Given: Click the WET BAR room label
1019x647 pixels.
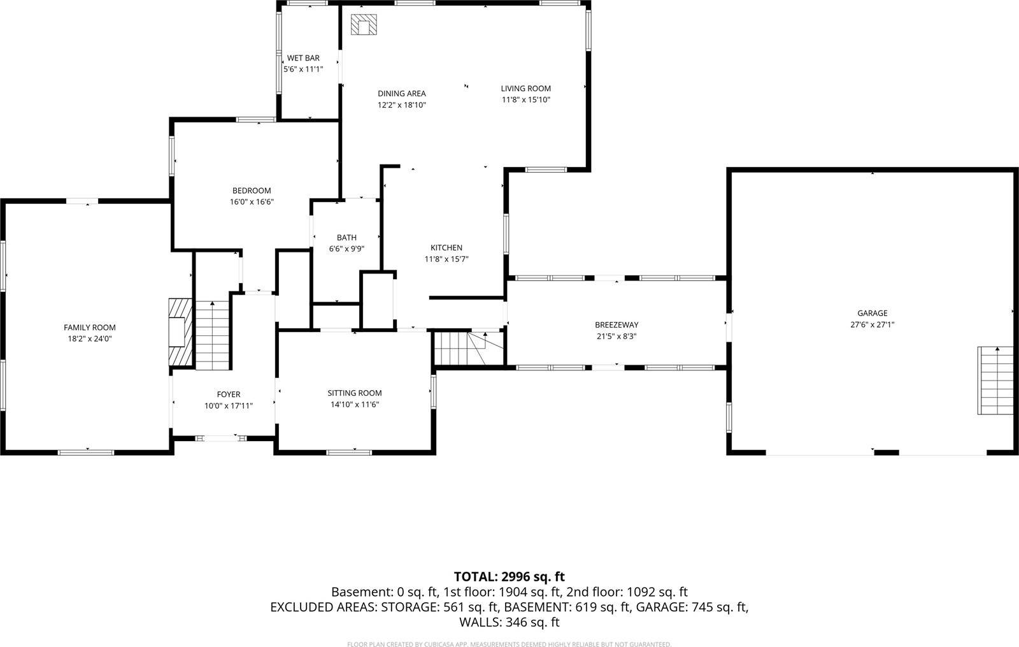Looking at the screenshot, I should (303, 58).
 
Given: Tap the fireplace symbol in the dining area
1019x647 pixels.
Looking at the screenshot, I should (364, 25).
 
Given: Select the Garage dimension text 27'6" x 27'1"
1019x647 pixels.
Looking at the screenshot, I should (872, 324).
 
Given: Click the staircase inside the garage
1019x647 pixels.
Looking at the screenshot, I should (995, 381).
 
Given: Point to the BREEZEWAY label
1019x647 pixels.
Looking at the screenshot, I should (616, 325).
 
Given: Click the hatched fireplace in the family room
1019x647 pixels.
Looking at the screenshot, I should (180, 332).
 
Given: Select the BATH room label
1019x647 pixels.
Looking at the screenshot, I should (346, 238).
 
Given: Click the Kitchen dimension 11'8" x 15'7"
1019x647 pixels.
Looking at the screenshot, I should (446, 259).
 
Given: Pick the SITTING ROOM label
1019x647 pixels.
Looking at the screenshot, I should (355, 393).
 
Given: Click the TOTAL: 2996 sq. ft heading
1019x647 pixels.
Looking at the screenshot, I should (509, 577).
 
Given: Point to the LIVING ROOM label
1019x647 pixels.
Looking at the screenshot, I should (525, 89).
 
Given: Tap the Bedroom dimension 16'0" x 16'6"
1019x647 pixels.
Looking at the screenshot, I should (252, 202).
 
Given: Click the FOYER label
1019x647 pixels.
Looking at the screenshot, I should (228, 395).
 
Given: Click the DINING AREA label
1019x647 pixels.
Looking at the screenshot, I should (401, 94).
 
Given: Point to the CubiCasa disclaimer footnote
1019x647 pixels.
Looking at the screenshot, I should (509, 644).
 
